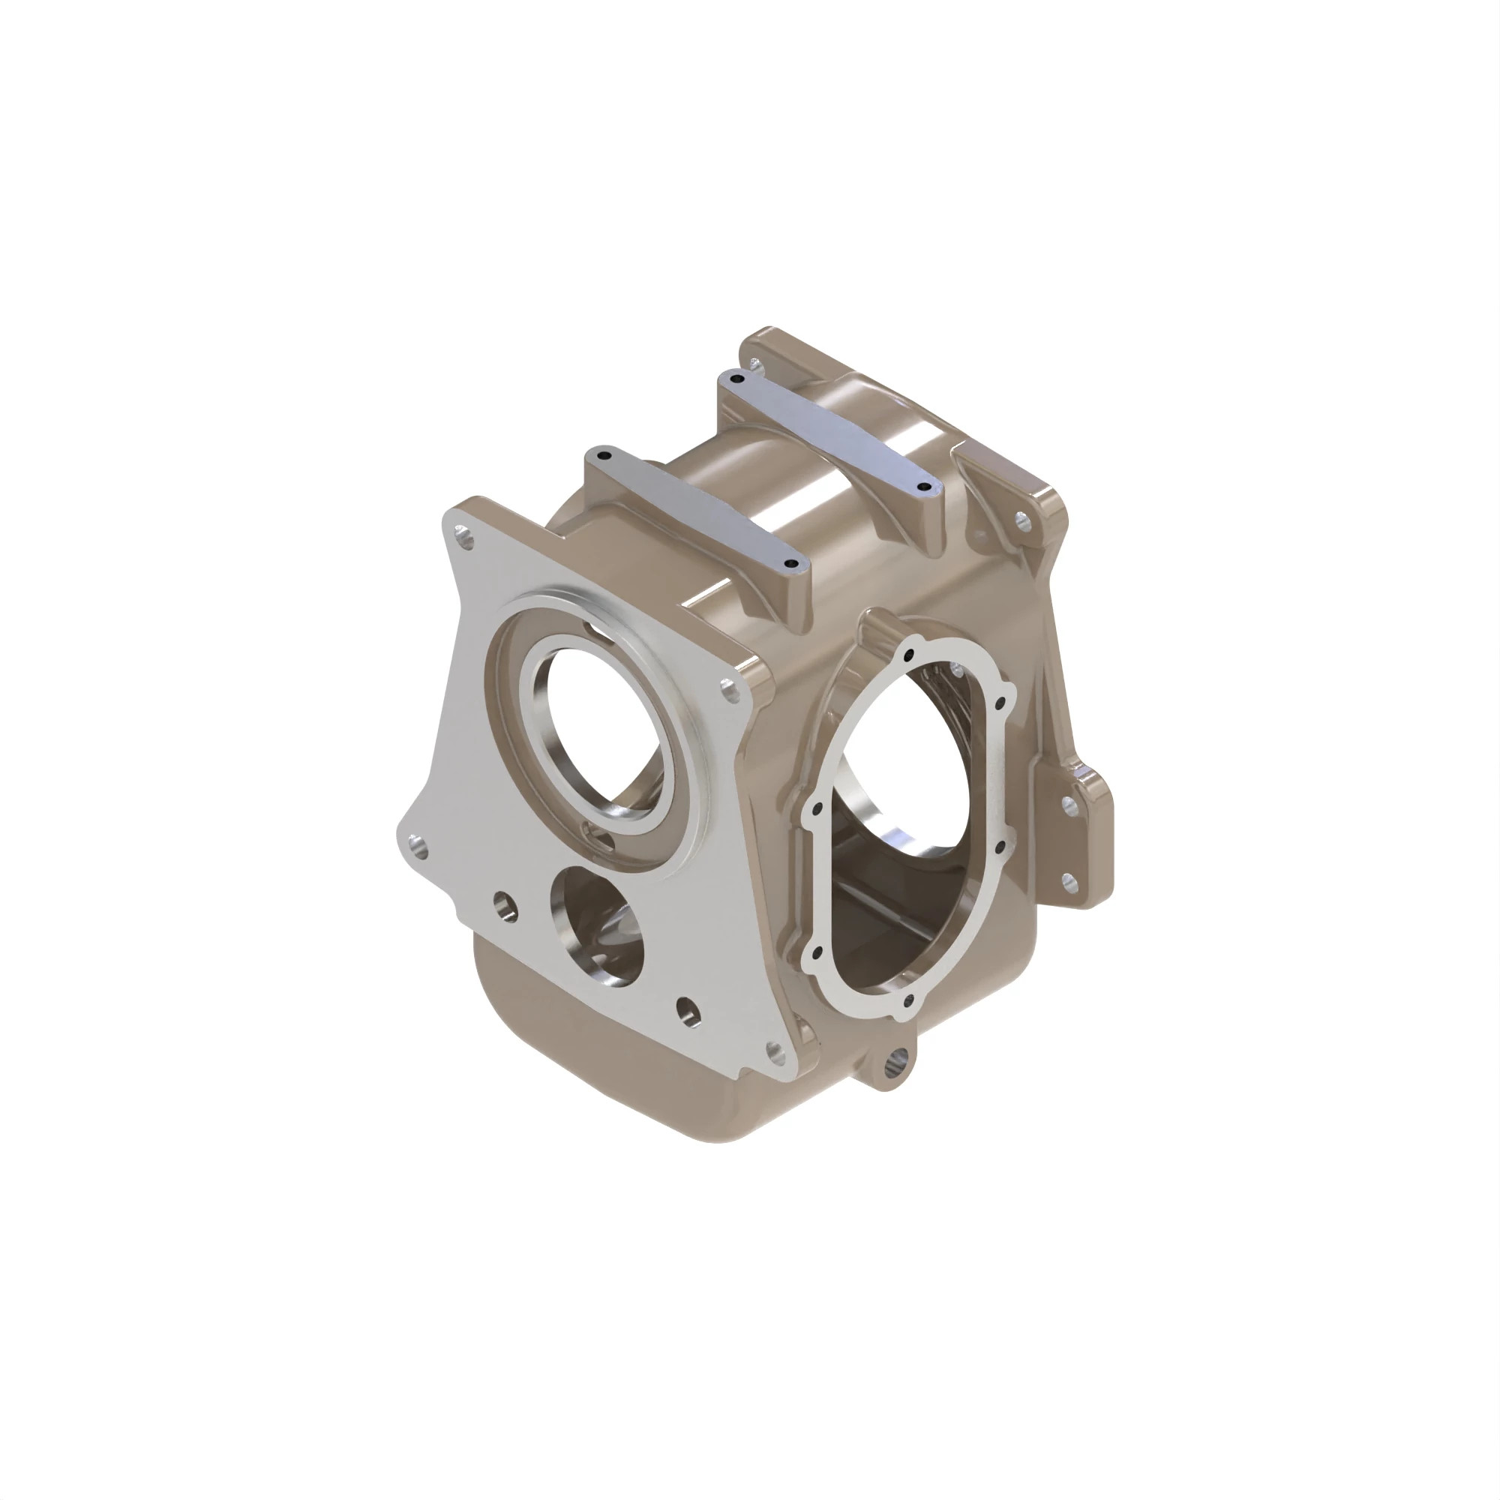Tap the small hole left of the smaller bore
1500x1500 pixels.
(506, 905)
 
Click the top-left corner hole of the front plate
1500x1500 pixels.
(463, 536)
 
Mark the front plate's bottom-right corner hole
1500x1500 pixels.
(775, 1052)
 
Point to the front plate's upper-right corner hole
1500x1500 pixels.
(729, 687)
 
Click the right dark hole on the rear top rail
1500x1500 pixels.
(923, 487)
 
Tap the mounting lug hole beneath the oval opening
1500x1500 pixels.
(899, 1057)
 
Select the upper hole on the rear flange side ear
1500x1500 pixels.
(1068, 805)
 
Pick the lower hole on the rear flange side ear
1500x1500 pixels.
(1068, 880)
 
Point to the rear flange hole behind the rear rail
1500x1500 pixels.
(754, 361)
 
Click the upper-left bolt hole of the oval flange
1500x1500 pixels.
(815, 810)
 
